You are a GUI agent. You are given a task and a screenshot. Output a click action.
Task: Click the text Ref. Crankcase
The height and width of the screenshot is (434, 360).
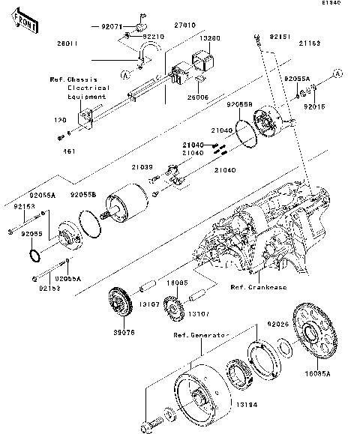tap(259, 287)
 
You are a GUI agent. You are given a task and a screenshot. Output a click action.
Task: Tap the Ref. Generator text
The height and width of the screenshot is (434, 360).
tap(199, 335)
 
